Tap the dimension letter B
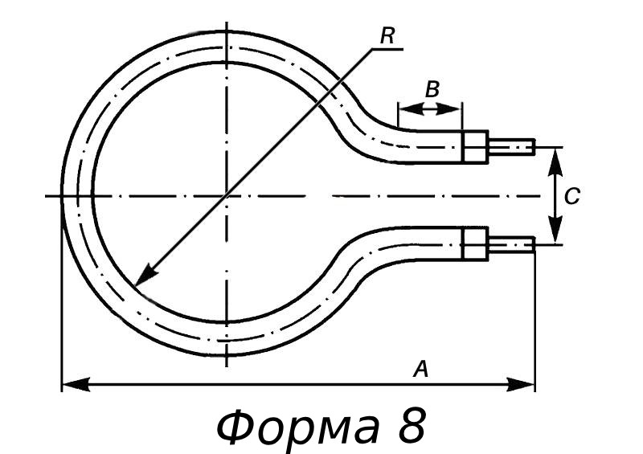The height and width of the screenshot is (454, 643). (432, 89)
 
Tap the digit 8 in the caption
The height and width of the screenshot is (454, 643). (410, 426)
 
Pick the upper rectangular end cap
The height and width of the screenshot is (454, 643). (474, 147)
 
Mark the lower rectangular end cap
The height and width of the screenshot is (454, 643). (474, 243)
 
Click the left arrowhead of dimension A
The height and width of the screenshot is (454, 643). (71, 384)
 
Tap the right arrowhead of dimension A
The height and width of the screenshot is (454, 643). (526, 384)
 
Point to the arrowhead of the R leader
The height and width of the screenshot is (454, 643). (141, 279)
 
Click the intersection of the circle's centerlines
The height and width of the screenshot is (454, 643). (227, 195)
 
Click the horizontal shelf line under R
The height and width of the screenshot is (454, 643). (387, 49)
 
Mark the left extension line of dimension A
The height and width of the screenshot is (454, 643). (62, 321)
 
